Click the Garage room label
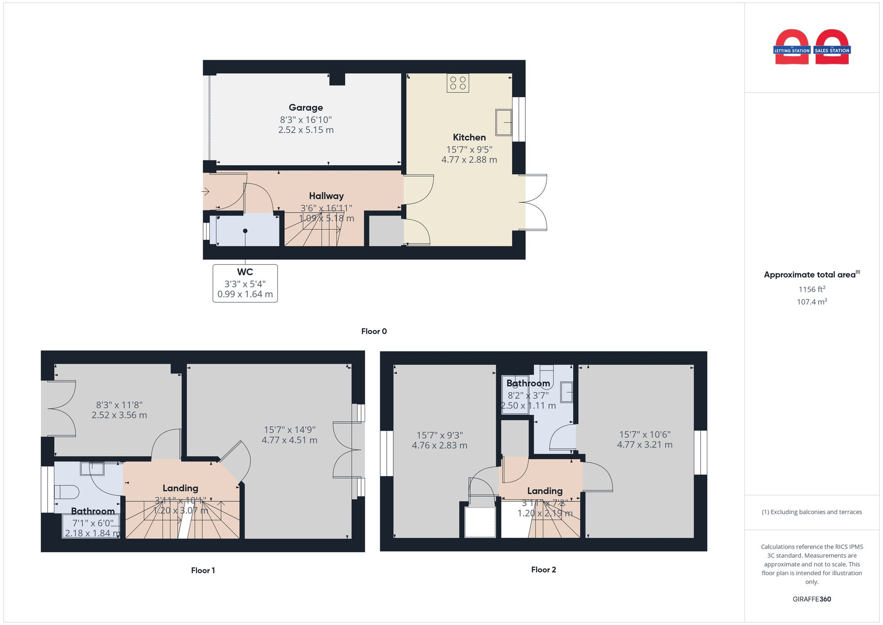(306, 107)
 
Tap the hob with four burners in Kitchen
(457, 83)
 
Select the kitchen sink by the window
(503, 122)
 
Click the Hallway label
(326, 196)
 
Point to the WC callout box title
(245, 272)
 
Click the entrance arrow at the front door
(205, 191)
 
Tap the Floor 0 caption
(374, 331)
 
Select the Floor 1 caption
(203, 570)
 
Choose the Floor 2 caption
(543, 569)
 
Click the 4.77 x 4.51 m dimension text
(289, 440)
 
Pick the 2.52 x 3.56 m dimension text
(119, 415)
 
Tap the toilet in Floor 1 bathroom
(66, 492)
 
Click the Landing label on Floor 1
(180, 488)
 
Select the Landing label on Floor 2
(544, 491)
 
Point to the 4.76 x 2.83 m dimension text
(439, 445)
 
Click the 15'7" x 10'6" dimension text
(645, 434)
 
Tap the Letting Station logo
(792, 48)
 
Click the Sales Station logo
(832, 48)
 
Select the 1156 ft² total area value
(811, 289)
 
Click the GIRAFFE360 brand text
(811, 599)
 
